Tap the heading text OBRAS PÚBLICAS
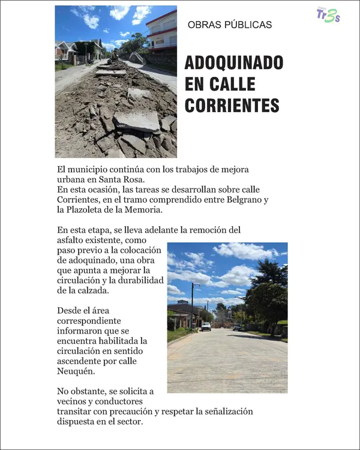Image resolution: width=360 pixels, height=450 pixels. [x=230, y=25]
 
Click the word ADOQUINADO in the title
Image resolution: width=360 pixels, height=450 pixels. [x=233, y=63]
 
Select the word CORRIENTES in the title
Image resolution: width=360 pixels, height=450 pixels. [x=232, y=105]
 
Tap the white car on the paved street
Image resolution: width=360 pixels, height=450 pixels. [x=206, y=326]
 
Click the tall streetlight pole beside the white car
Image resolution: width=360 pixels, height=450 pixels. [x=193, y=306]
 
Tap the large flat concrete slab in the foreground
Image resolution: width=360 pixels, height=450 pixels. [x=137, y=119]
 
